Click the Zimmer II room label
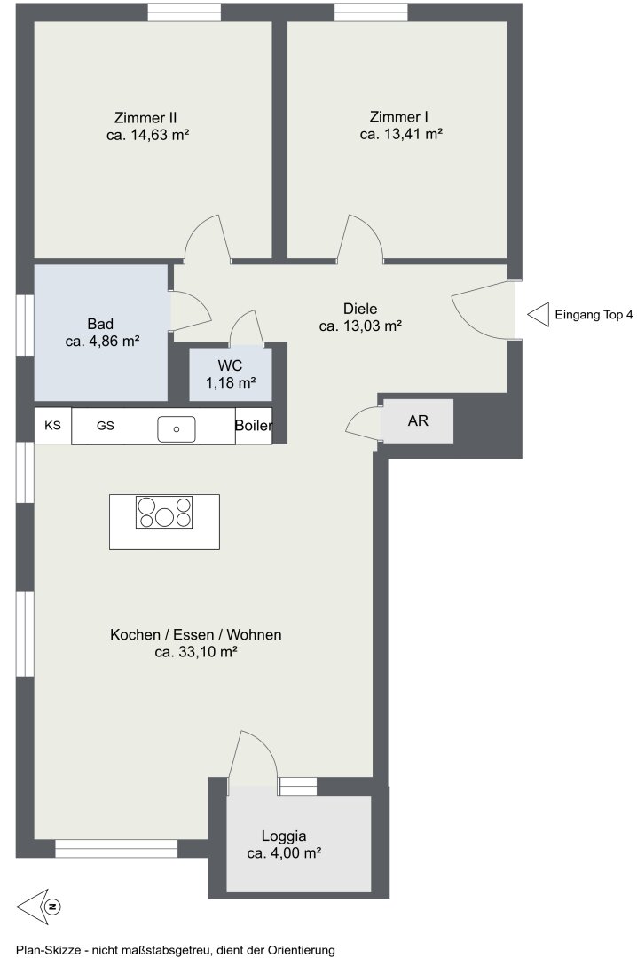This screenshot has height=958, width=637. (x=145, y=117)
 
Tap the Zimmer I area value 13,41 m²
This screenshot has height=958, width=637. (x=413, y=135)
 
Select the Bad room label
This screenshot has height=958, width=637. (x=100, y=324)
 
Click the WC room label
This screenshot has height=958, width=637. (x=230, y=366)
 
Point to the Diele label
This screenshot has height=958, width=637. (x=360, y=309)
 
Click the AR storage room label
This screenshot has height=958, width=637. (x=418, y=420)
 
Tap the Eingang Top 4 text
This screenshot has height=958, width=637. (x=594, y=315)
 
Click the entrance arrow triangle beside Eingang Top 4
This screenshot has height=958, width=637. (x=538, y=315)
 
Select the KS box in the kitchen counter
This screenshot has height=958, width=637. (x=53, y=425)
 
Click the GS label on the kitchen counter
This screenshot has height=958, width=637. (x=106, y=425)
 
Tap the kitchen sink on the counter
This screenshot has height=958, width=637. (x=176, y=429)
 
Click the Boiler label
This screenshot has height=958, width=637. (x=254, y=426)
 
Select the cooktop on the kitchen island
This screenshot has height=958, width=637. (x=164, y=512)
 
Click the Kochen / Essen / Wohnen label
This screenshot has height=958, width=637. (x=195, y=635)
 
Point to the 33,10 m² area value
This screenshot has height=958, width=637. (x=208, y=652)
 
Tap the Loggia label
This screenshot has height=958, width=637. (x=284, y=836)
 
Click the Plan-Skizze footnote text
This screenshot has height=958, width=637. (x=176, y=950)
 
